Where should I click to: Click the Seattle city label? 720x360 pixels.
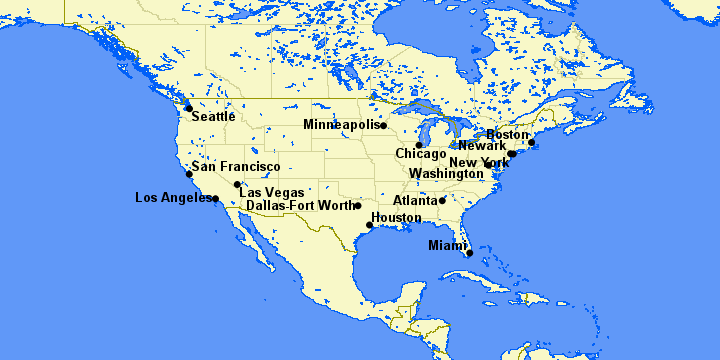213,116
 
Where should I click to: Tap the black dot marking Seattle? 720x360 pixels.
188,108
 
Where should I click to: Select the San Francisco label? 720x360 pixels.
236,166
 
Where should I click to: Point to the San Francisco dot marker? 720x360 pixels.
189,174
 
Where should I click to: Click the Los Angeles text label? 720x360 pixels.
172,197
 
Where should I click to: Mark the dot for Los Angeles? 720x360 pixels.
215,198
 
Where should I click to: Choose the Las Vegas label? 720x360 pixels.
271,192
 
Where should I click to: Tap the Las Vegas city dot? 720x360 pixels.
237,184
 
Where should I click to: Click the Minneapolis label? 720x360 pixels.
341,125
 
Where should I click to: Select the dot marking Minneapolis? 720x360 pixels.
383,126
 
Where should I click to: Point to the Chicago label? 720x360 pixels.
420,154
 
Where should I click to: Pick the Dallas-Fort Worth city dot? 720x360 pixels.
358,206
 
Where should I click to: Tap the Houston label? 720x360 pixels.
396,217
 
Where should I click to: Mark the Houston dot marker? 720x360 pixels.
370,225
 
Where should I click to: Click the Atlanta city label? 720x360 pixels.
414,200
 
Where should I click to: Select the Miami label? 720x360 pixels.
447,245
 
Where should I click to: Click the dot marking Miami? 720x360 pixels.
469,253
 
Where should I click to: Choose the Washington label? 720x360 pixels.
447,173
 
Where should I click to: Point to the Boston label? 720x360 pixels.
507,135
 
